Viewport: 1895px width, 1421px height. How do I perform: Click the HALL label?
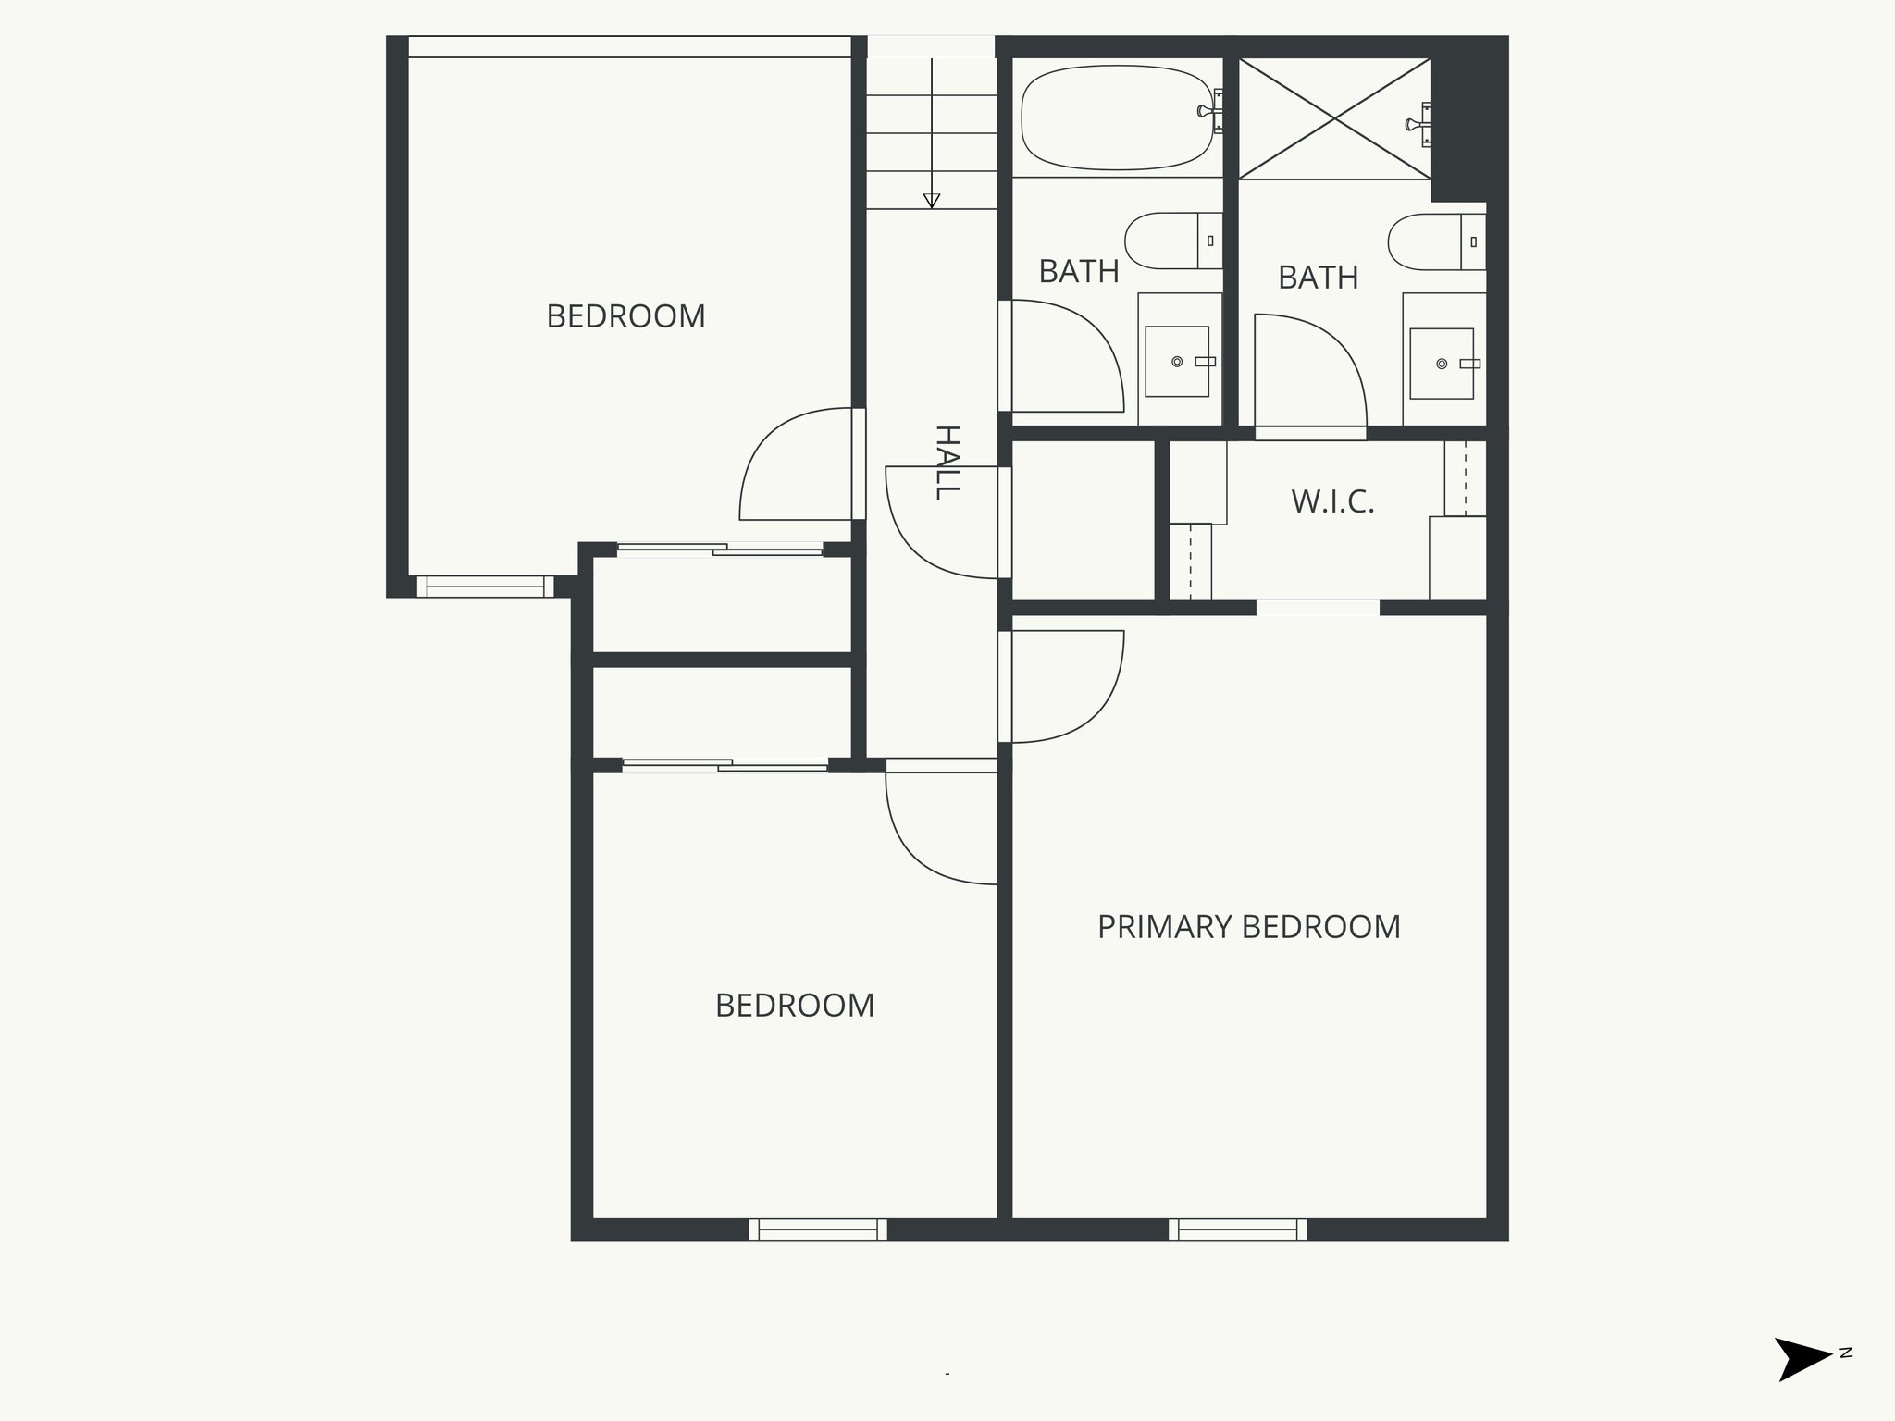pyautogui.click(x=947, y=463)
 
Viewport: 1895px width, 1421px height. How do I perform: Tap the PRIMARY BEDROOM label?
pyautogui.click(x=1248, y=927)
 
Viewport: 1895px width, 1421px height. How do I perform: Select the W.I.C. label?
pyautogui.click(x=1332, y=502)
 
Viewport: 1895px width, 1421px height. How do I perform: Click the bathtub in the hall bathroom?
pyautogui.click(x=1116, y=117)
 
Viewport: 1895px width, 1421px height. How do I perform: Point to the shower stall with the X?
pyautogui.click(x=1333, y=118)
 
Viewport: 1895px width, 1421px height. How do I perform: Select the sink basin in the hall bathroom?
pyautogui.click(x=1177, y=361)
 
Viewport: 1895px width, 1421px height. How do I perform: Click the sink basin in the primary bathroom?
pyautogui.click(x=1442, y=364)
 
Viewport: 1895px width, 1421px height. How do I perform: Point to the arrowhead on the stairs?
pyautogui.click(x=932, y=201)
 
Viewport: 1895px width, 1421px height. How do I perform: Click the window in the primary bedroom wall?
pyautogui.click(x=1237, y=1229)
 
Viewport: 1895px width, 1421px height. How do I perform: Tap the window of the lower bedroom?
pyautogui.click(x=818, y=1229)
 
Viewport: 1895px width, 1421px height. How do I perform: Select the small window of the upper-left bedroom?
pyautogui.click(x=485, y=587)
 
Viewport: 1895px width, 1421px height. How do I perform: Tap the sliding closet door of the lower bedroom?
pyautogui.click(x=725, y=765)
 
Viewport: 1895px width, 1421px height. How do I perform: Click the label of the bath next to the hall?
pyautogui.click(x=1079, y=272)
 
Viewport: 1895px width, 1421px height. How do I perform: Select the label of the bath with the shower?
pyautogui.click(x=1318, y=278)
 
